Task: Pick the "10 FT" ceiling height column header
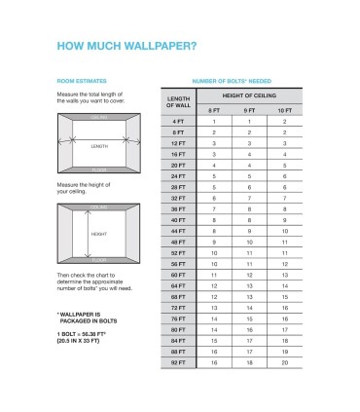(284, 109)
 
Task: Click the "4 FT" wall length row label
(177, 121)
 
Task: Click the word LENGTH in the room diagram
(99, 146)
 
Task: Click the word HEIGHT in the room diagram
(99, 234)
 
